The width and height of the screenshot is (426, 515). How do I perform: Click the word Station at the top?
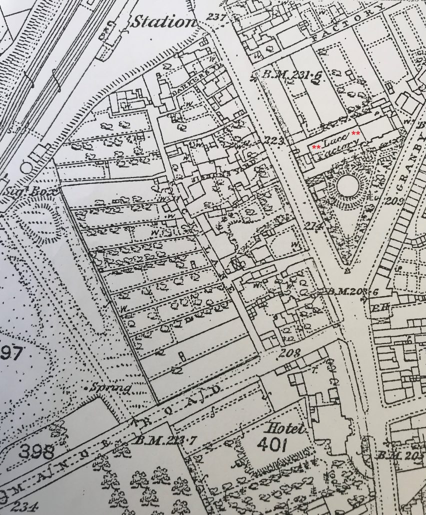(163, 21)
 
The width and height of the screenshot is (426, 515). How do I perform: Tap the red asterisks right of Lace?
(356, 133)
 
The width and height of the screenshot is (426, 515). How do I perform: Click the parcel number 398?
(36, 451)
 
